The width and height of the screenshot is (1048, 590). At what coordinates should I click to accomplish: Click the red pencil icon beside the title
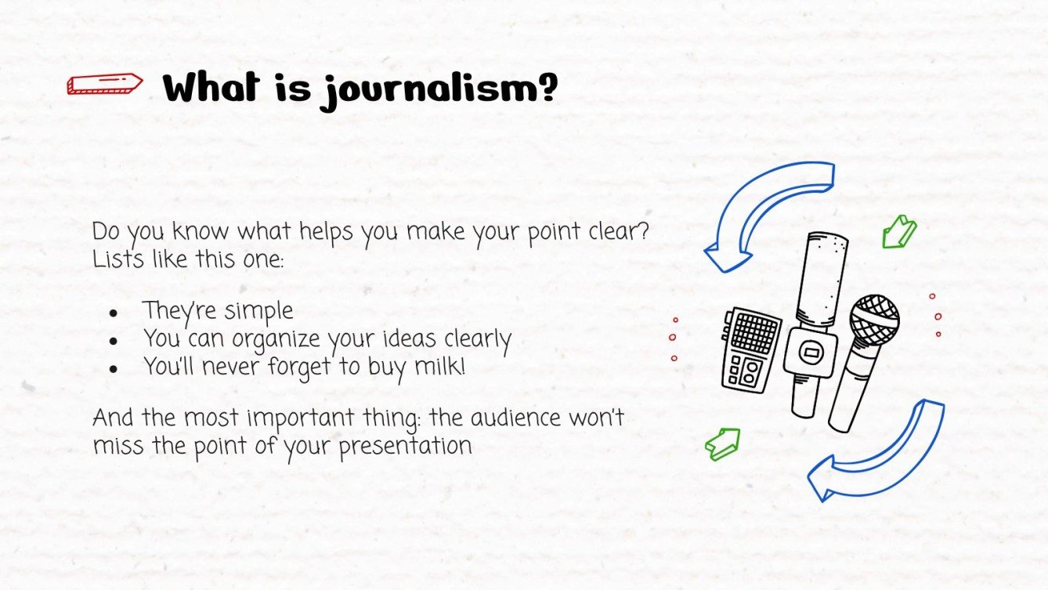[x=105, y=84]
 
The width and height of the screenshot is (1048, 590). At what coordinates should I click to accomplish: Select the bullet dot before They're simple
[x=114, y=313]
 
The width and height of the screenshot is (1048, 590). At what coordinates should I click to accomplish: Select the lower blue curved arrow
[x=877, y=454]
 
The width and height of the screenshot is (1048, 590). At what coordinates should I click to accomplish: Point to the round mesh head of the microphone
[x=874, y=319]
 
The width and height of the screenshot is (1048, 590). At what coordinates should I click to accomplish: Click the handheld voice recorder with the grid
[x=750, y=349]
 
